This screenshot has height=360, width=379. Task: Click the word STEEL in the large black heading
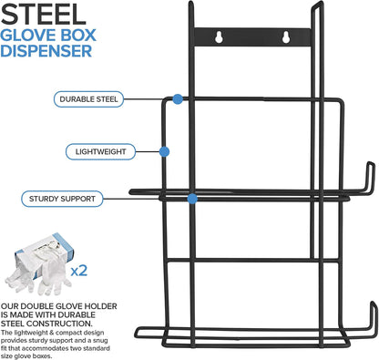click(44, 15)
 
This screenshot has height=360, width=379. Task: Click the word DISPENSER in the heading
click(46, 51)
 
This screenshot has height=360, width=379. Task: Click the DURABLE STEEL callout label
click(88, 99)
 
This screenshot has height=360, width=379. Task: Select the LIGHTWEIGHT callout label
click(100, 151)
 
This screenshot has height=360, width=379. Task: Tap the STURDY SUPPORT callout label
click(62, 199)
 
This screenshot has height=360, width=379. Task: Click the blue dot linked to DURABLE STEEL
click(178, 99)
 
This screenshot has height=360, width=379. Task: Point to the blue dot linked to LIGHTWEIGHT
click(164, 151)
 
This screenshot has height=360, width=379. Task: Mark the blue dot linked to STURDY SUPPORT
click(192, 199)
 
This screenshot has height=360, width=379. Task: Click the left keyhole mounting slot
click(219, 37)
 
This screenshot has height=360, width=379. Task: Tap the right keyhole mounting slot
click(285, 37)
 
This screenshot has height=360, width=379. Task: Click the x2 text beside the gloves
click(79, 270)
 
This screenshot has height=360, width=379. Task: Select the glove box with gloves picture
click(39, 264)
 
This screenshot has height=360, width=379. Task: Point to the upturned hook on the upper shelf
click(371, 178)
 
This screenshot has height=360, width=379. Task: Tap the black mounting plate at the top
click(252, 37)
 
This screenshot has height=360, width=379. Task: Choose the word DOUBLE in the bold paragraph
click(36, 306)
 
